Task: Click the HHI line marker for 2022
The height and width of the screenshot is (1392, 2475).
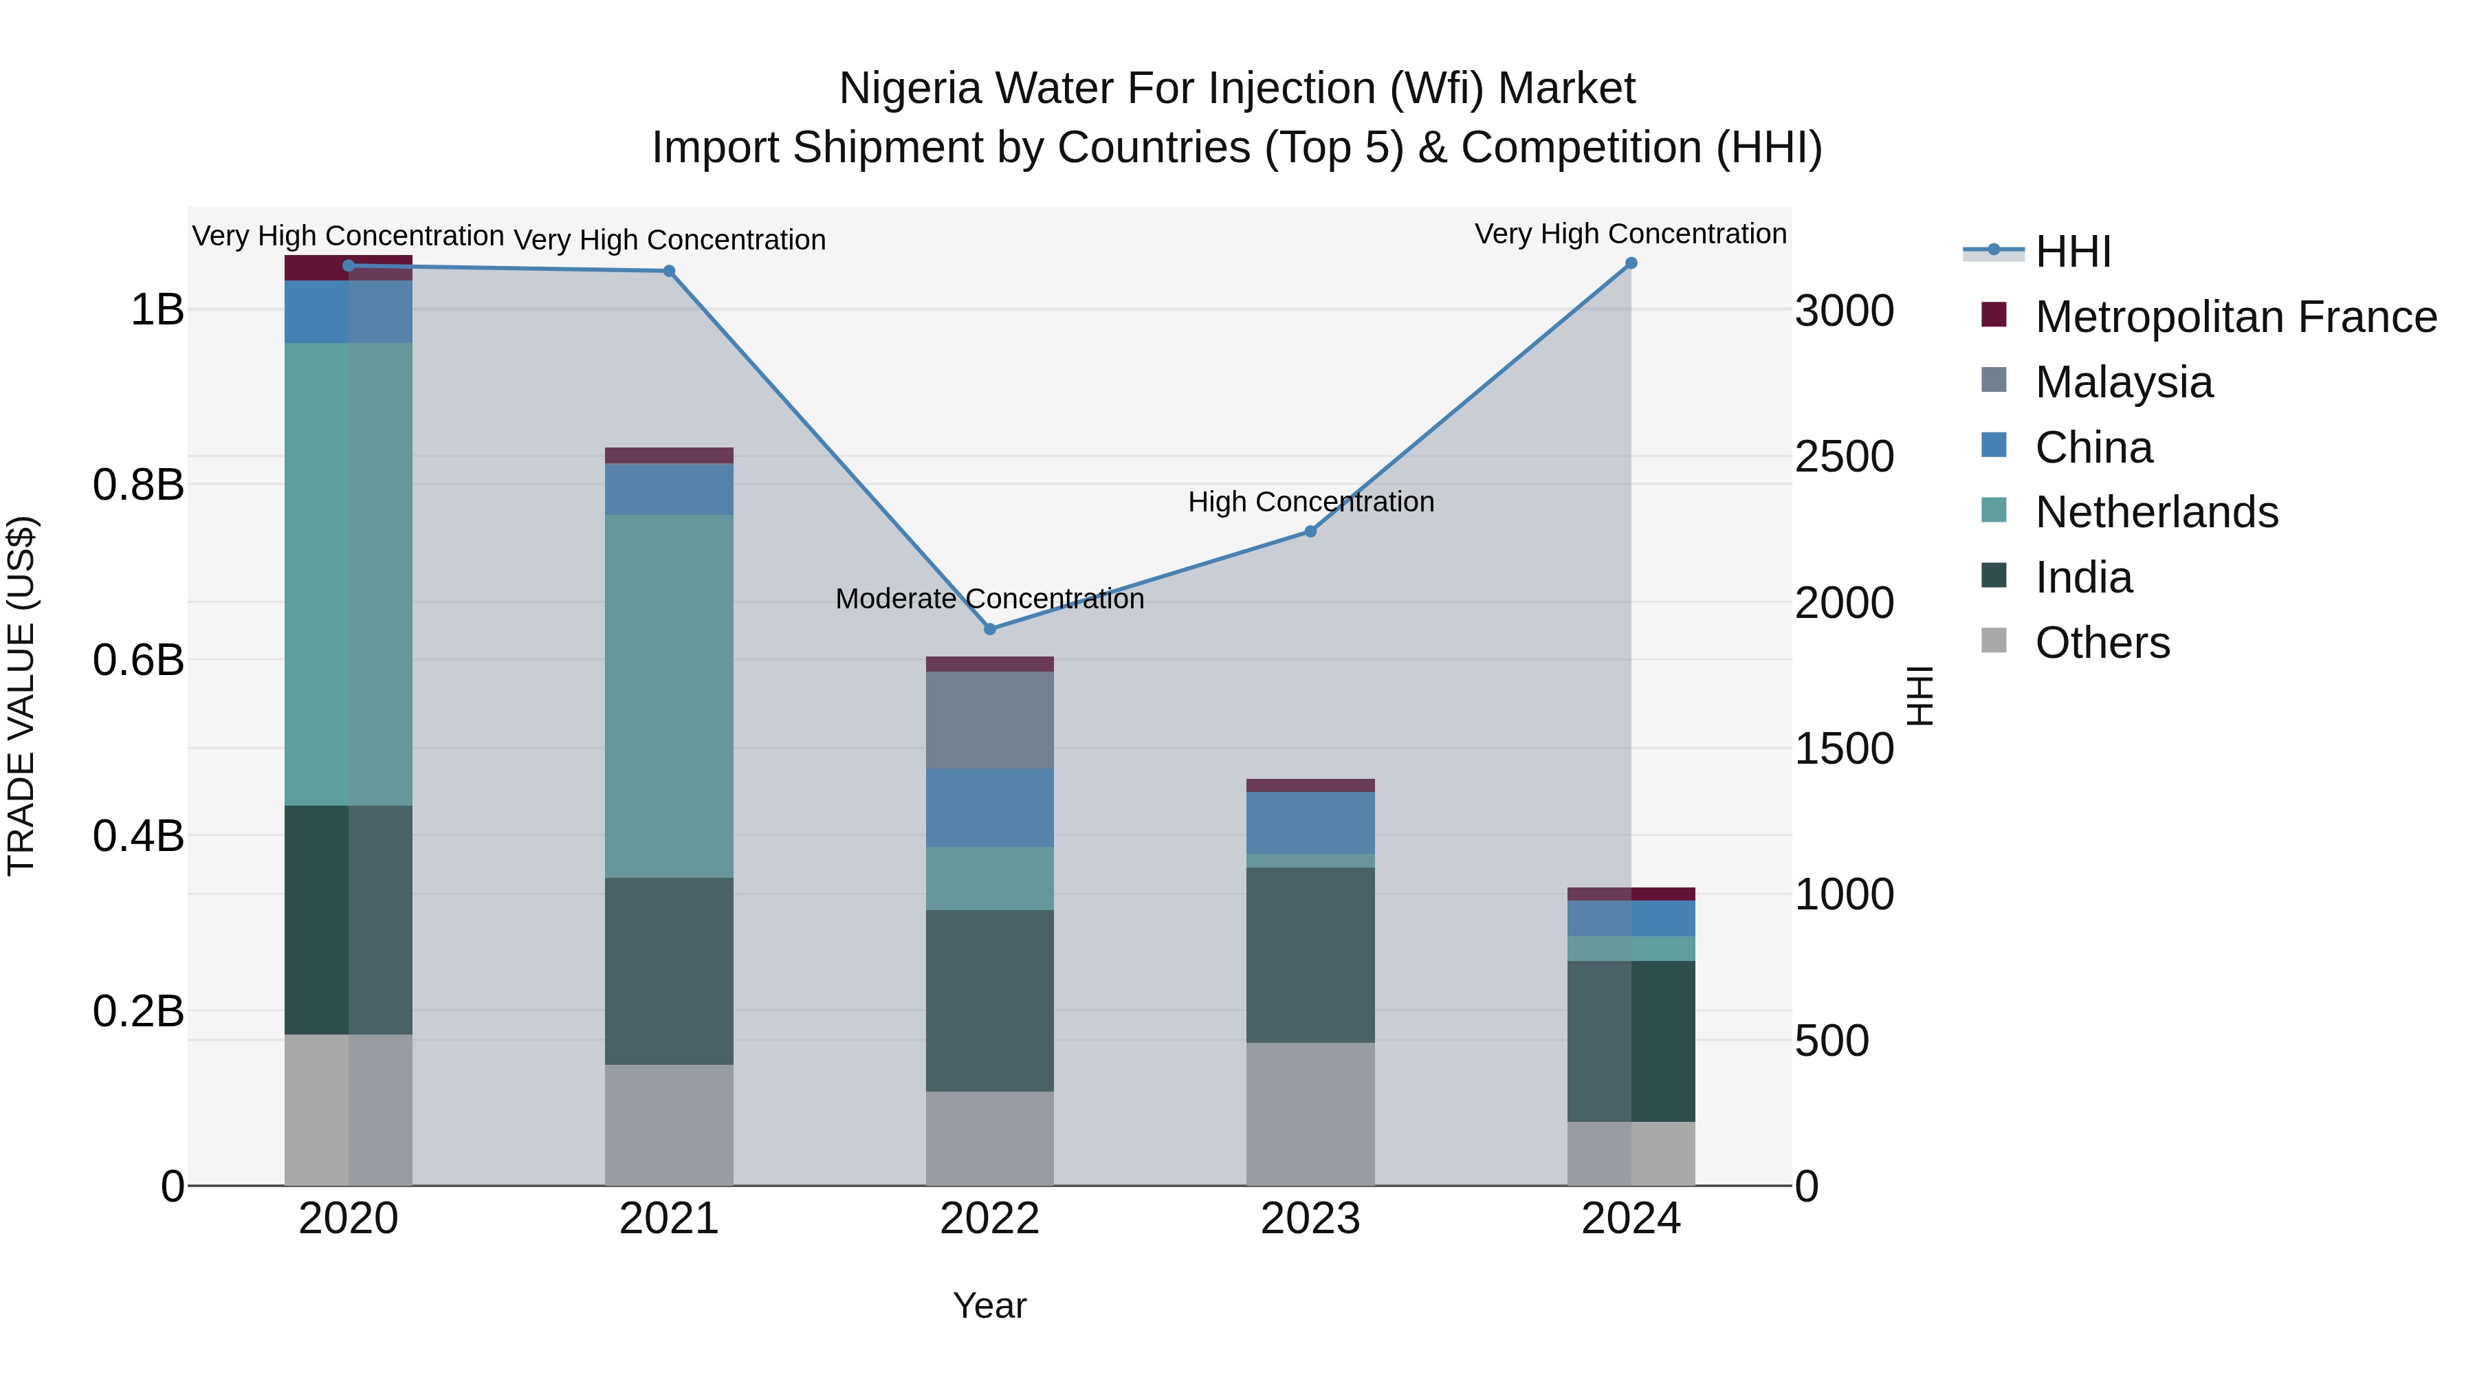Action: (x=989, y=629)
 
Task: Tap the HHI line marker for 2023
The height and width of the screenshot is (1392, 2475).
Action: (x=1310, y=531)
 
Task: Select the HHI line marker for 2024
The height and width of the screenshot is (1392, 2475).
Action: (x=1631, y=263)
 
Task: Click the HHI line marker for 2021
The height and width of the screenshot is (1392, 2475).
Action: (x=670, y=271)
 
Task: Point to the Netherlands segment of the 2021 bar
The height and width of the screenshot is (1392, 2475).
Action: (x=669, y=696)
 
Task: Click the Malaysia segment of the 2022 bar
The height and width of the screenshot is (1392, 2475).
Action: (x=989, y=720)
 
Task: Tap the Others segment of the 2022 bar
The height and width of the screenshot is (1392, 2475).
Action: (x=989, y=1138)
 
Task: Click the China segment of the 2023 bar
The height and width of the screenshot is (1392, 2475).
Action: (x=1310, y=822)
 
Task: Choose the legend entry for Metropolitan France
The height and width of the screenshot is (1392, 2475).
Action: (x=2235, y=317)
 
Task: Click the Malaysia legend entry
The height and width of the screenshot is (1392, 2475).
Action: (x=2124, y=382)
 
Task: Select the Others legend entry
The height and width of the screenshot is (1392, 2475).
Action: (x=2102, y=643)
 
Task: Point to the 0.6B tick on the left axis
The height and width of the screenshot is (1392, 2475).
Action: (x=138, y=661)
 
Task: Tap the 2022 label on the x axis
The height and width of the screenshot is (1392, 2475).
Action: (x=989, y=1219)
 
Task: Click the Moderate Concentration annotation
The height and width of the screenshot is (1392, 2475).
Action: (x=989, y=599)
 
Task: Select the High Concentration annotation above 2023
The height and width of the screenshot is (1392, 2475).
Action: (x=1310, y=502)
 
